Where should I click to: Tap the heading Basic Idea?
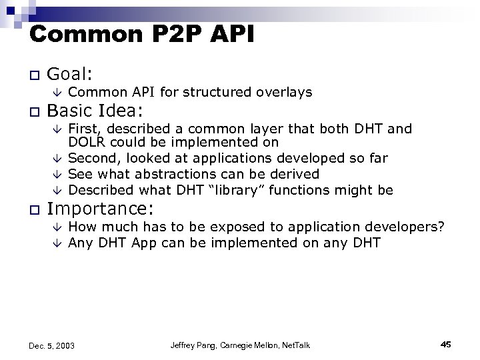pos(101,109)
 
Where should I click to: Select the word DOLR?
pos(85,142)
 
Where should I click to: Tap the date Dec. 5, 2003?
pos(52,345)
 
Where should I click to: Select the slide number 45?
pos(446,344)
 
